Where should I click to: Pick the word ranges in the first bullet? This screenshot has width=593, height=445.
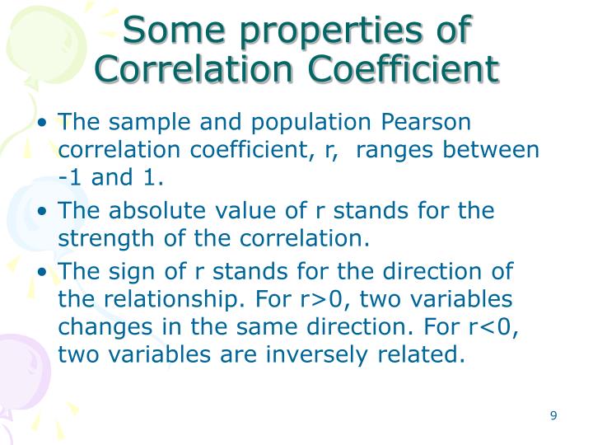[x=395, y=151]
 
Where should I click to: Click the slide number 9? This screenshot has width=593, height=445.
[x=553, y=415]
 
